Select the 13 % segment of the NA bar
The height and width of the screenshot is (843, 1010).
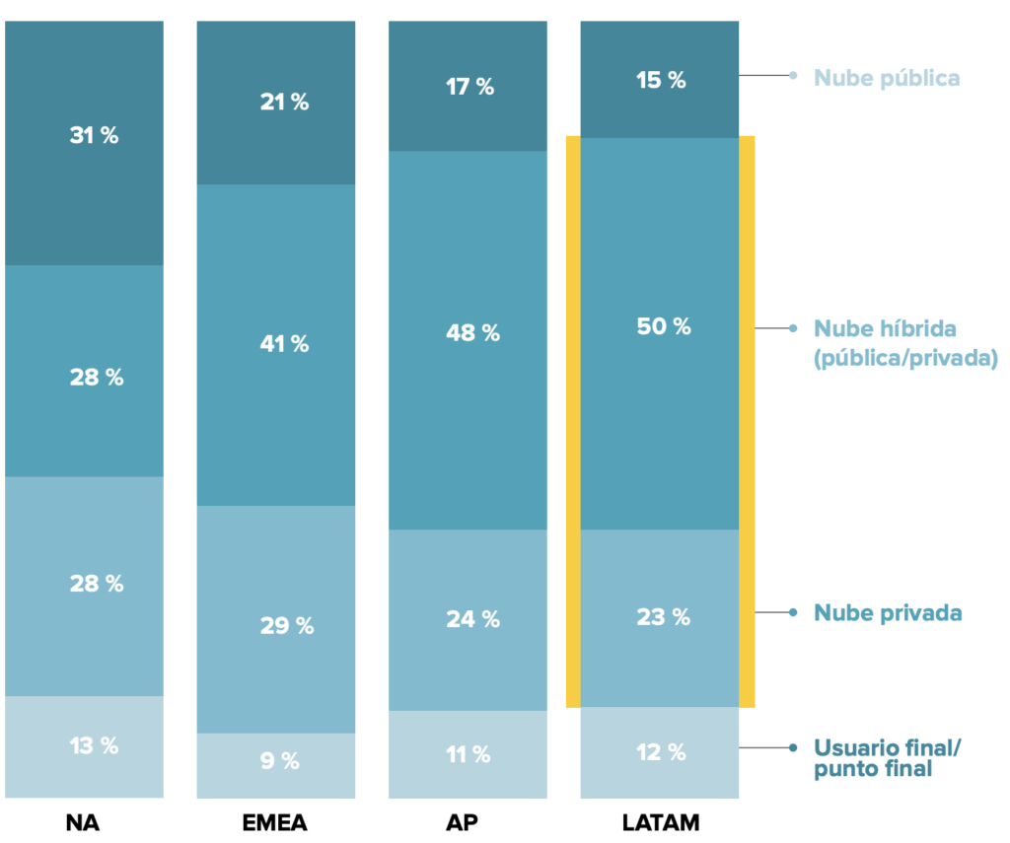click(x=84, y=746)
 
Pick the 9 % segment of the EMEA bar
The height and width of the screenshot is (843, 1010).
click(x=275, y=765)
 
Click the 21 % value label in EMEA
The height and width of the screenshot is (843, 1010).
click(x=284, y=102)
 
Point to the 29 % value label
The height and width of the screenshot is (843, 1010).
click(x=286, y=625)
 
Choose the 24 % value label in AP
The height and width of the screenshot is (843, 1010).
click(x=472, y=619)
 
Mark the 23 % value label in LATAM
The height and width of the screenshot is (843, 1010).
click(x=663, y=617)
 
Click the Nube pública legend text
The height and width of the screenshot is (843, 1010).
click(x=887, y=78)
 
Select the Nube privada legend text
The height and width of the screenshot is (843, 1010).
click(x=888, y=613)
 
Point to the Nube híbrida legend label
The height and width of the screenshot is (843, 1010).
click(x=905, y=343)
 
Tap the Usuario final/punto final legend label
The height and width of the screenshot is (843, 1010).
click(x=887, y=759)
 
